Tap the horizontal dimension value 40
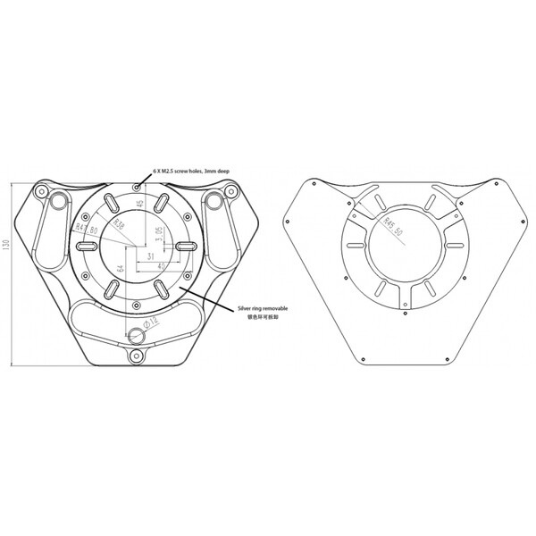[160, 267]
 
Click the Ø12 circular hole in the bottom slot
[136, 336]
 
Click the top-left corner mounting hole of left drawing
[40, 190]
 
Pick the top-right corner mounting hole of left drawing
[230, 190]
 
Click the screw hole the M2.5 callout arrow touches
[136, 186]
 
